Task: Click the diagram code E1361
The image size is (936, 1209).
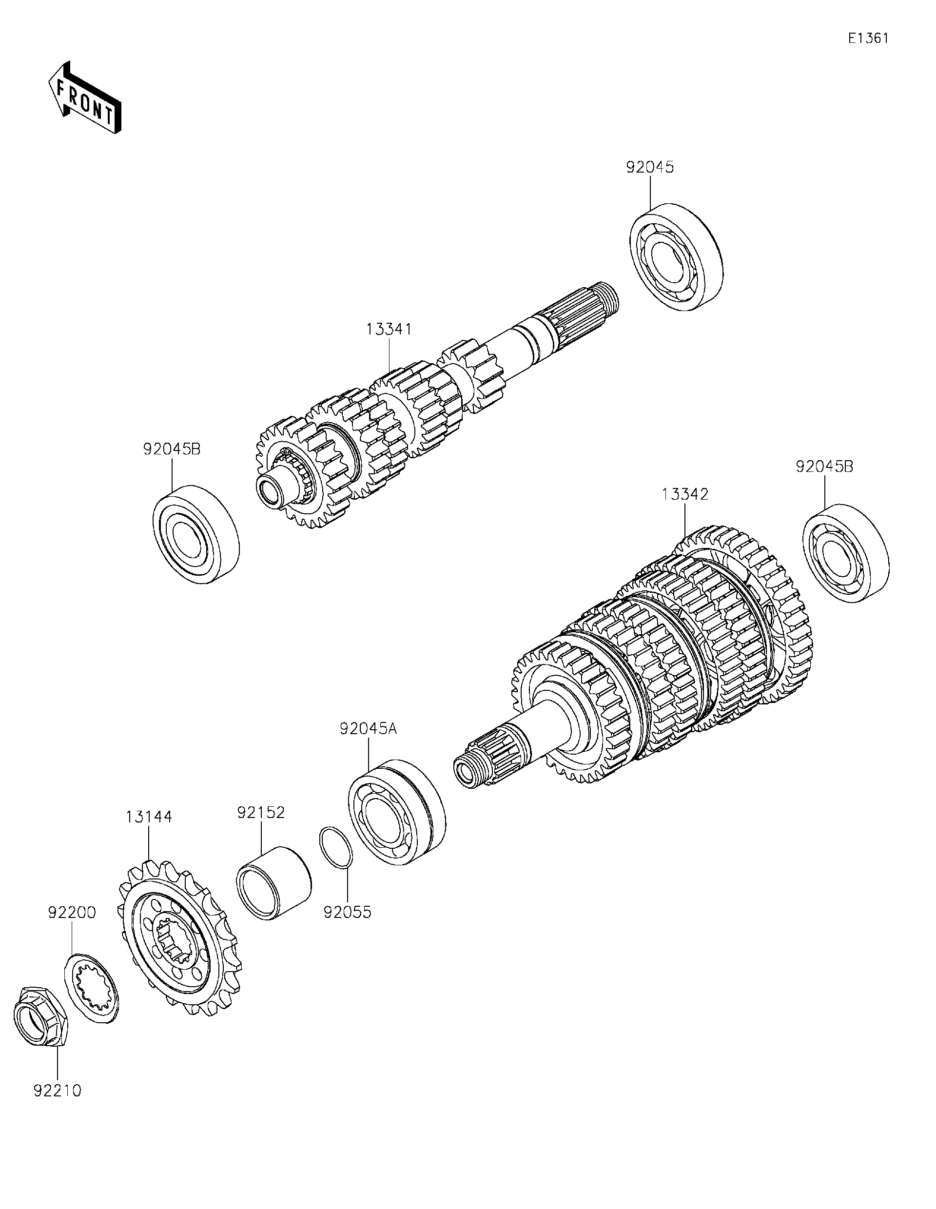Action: [x=868, y=38]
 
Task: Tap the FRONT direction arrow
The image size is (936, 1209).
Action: [x=85, y=97]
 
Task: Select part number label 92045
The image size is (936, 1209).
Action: [x=650, y=167]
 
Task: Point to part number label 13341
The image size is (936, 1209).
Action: [x=389, y=330]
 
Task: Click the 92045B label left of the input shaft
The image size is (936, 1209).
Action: [x=172, y=449]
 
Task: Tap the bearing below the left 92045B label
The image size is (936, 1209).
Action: [x=196, y=534]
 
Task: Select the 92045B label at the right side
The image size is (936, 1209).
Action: [x=824, y=467]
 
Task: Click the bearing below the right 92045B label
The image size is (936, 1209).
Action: [x=845, y=553]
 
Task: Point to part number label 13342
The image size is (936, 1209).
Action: [x=685, y=494]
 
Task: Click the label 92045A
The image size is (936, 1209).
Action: [x=369, y=729]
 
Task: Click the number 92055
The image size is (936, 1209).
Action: [x=347, y=912]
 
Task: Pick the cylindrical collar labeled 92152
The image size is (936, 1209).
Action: [x=273, y=882]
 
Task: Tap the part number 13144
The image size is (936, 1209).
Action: [x=148, y=817]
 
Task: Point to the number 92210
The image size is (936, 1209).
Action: [x=58, y=1091]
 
